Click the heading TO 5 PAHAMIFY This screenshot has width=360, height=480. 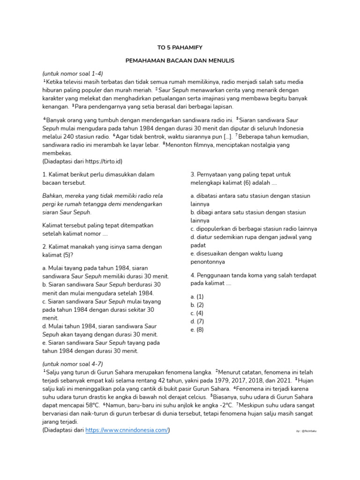point(180,47)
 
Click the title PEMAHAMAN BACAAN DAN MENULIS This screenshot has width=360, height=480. point(180,61)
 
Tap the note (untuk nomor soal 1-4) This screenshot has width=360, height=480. point(73,74)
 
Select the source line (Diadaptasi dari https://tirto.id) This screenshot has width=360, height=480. point(82,161)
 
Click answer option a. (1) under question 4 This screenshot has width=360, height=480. point(197,297)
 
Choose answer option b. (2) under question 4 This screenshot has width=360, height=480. point(197,305)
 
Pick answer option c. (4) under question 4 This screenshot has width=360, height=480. point(197,313)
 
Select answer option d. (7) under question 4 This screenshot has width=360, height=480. point(197,321)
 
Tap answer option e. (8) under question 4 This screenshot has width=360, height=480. point(197,330)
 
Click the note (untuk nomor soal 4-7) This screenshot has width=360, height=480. point(73,364)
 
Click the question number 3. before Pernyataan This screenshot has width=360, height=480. point(193,175)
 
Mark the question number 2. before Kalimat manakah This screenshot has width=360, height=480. point(45,247)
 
